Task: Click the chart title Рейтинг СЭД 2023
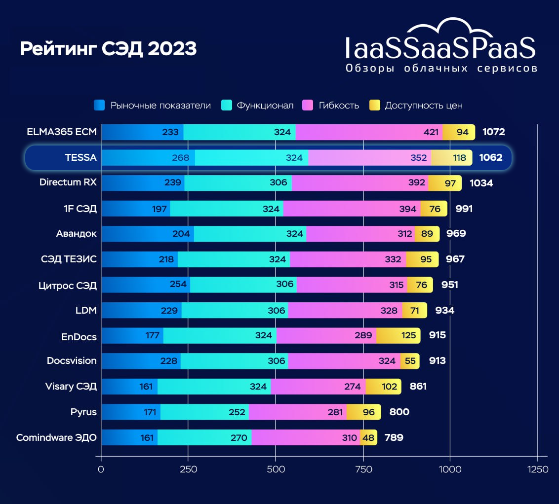[108, 49]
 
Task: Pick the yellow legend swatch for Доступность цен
[375, 105]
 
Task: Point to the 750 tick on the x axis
[363, 469]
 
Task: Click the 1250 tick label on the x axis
[537, 469]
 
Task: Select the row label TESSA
[80, 158]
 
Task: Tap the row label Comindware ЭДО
[56, 437]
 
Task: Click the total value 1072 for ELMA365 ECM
[493, 132]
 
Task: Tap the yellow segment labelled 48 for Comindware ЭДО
[368, 437]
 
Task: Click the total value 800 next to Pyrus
[399, 412]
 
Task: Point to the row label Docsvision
[72, 360]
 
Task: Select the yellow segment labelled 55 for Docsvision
[410, 361]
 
